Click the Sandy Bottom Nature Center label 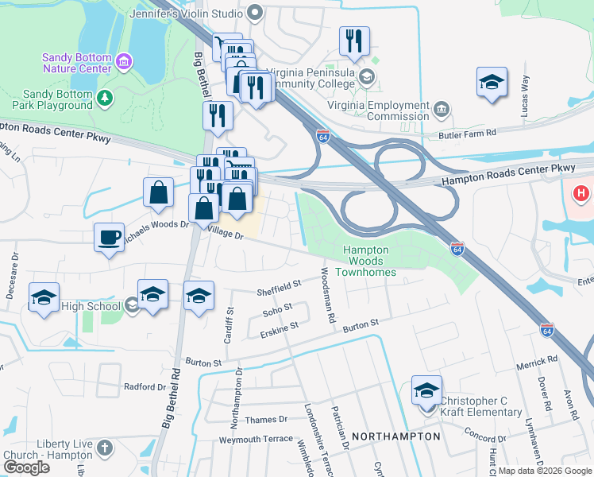tap(76, 63)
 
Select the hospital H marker tap(582, 193)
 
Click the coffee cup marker tap(109, 236)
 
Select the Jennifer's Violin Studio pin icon tap(255, 12)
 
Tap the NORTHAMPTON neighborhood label tap(395, 436)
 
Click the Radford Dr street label tap(144, 388)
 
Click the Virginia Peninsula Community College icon tap(367, 77)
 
